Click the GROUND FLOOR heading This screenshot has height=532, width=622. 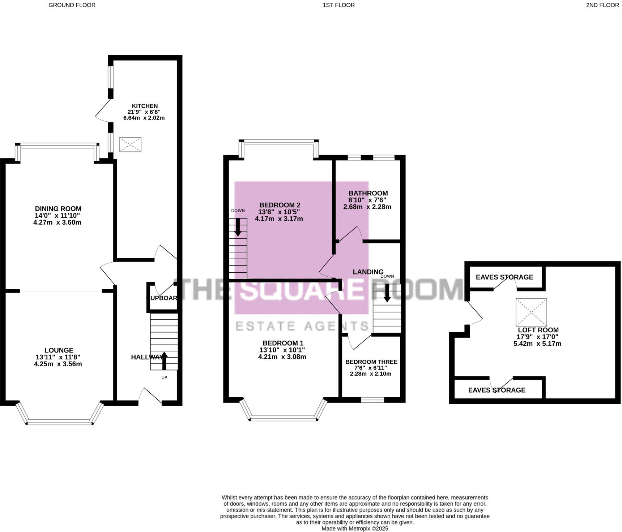click(x=72, y=5)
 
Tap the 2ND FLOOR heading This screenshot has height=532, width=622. click(x=602, y=5)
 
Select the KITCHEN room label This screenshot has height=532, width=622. click(x=145, y=106)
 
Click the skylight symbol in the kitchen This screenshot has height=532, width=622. click(x=130, y=145)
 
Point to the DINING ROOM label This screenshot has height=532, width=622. click(x=58, y=209)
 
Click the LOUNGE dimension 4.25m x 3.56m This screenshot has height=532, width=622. click(x=58, y=364)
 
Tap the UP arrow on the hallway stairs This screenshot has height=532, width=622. click(x=164, y=360)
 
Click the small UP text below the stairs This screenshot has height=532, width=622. click(x=164, y=378)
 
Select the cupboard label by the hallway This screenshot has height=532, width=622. click(x=162, y=298)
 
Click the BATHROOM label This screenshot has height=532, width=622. click(x=368, y=193)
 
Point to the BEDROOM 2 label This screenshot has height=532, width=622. click(x=280, y=205)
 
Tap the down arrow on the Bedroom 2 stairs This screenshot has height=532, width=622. click(x=238, y=228)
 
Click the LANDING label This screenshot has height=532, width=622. click(x=368, y=272)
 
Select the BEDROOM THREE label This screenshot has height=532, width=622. click(x=371, y=362)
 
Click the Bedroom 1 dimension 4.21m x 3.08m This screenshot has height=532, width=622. click(x=282, y=357)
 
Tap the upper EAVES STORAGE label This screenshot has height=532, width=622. click(x=504, y=277)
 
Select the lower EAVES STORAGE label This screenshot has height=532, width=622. click(x=497, y=390)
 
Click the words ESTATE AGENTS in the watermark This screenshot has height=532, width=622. click(x=302, y=326)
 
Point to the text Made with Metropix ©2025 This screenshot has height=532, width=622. click(x=355, y=528)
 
